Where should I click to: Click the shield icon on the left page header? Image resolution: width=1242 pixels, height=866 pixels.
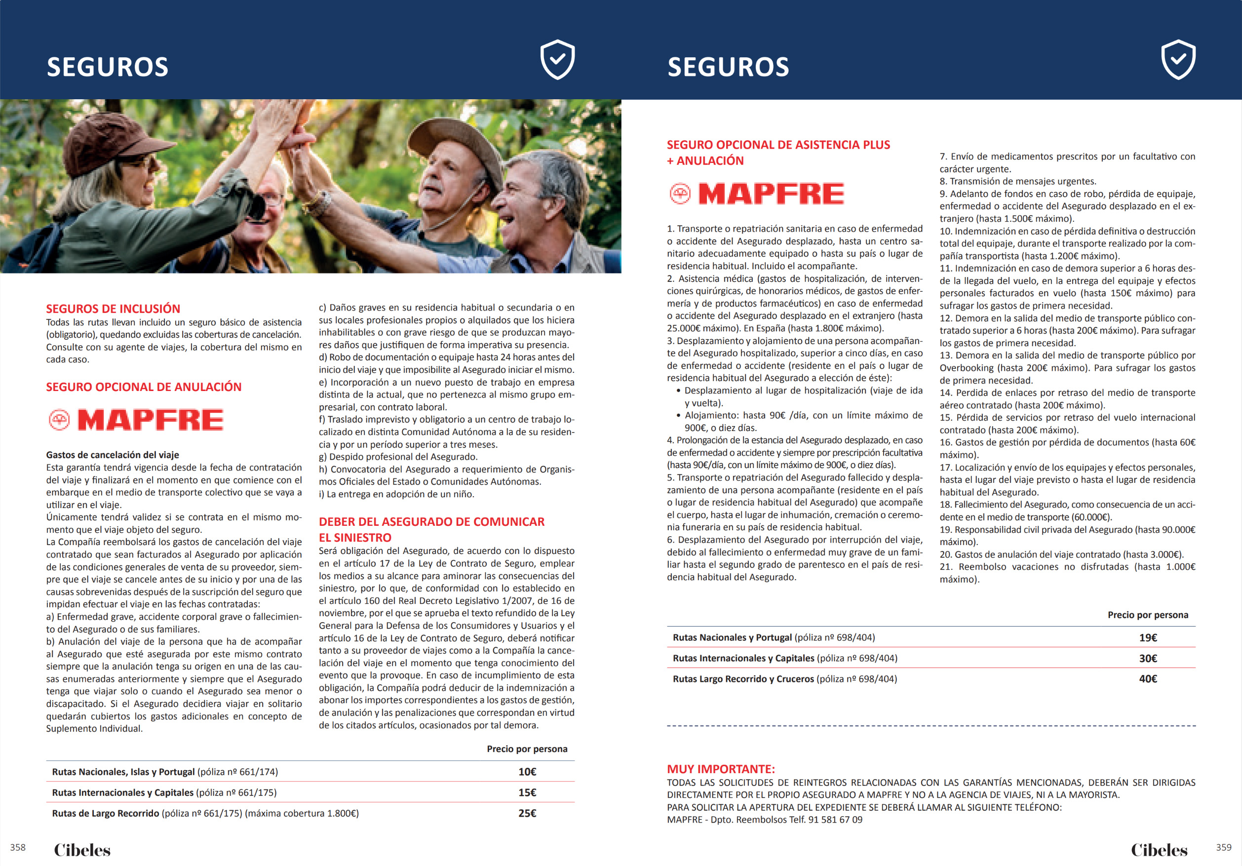click(557, 60)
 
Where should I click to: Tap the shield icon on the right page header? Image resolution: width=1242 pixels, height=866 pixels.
click(1178, 60)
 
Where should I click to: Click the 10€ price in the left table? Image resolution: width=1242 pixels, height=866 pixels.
click(527, 772)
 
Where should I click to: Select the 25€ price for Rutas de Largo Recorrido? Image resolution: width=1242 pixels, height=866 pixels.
click(527, 813)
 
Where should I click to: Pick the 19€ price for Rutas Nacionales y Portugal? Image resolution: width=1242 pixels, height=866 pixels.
click(1148, 638)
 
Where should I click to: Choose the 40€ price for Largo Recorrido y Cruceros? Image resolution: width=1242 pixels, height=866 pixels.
click(1148, 679)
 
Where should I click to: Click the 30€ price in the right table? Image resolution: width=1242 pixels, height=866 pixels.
click(1148, 658)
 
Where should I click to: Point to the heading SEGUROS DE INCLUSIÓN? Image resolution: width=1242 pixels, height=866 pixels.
click(113, 309)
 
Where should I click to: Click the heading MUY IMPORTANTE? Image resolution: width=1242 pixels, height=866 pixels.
click(721, 769)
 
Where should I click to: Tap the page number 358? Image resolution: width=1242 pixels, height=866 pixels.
click(18, 847)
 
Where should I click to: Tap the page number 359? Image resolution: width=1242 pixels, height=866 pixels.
click(1224, 847)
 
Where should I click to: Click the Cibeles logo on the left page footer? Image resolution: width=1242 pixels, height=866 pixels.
click(82, 850)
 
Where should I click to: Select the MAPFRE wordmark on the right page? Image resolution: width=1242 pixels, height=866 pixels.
click(771, 194)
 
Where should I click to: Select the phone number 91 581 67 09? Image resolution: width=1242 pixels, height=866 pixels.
click(835, 820)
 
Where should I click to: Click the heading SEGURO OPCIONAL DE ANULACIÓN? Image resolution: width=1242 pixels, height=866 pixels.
click(144, 387)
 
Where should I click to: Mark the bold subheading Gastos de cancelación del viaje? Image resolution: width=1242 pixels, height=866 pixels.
click(113, 455)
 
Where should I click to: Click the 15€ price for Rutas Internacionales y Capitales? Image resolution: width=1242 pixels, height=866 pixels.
click(527, 792)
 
